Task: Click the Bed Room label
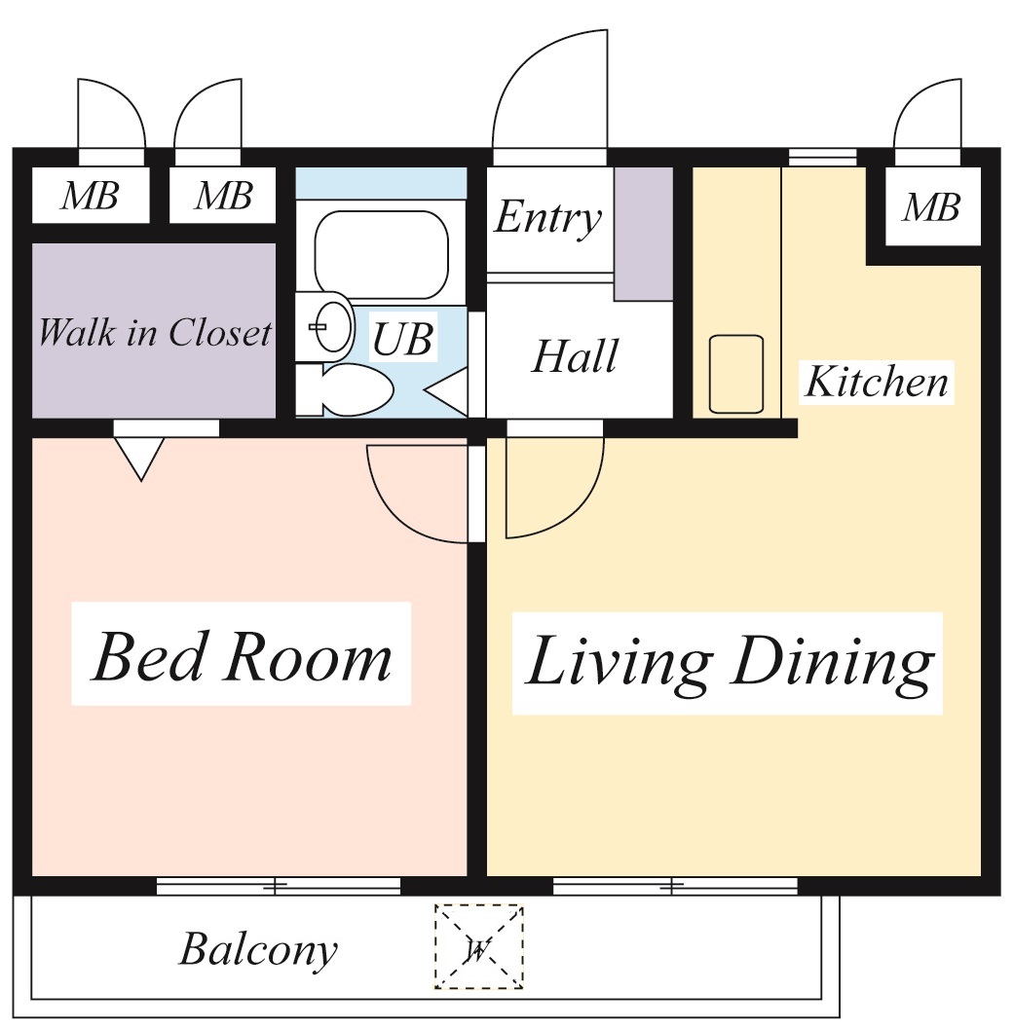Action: [x=242, y=656]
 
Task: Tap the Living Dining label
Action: [x=729, y=663]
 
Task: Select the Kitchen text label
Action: [x=878, y=382]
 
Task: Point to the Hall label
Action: [x=576, y=356]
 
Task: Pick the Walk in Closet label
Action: [x=155, y=332]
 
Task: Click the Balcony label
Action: [x=258, y=949]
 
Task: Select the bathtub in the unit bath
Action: [x=382, y=254]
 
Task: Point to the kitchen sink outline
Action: [x=736, y=374]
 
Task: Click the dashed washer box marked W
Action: [x=479, y=946]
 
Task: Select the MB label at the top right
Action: [x=931, y=207]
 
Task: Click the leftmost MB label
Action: [x=90, y=196]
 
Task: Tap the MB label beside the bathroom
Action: [x=224, y=196]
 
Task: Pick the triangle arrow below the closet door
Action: [x=140, y=459]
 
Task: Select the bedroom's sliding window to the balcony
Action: [x=279, y=886]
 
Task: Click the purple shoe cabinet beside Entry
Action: [x=644, y=234]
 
